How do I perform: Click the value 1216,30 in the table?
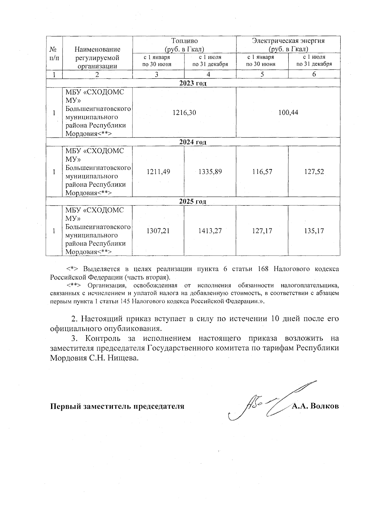point(184,112)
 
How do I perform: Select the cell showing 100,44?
point(288,112)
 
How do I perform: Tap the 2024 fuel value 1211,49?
point(158,172)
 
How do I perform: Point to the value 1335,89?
point(210,172)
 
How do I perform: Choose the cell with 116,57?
point(262,172)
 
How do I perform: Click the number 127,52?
point(314,172)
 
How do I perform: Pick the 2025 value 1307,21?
point(158,231)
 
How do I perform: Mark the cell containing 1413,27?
point(210,231)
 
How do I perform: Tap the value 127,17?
point(262,231)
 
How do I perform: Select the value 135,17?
point(314,231)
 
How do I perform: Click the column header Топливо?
point(184,41)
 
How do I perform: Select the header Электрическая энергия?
point(288,41)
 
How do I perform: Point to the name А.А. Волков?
point(315,406)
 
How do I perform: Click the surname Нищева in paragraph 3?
point(125,358)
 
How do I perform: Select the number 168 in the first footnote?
point(263,269)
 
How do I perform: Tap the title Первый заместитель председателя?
point(117,407)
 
